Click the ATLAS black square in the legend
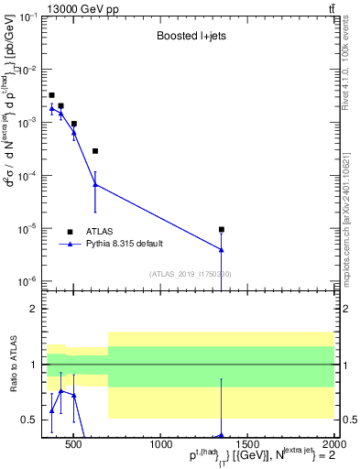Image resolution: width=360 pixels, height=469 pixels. click(70, 232)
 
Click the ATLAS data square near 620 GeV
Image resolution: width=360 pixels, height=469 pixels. click(95, 151)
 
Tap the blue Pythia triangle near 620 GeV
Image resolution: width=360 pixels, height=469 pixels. click(95, 184)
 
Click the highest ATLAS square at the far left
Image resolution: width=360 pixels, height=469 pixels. click(51, 95)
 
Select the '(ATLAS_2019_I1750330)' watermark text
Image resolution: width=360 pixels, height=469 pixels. click(191, 274)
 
